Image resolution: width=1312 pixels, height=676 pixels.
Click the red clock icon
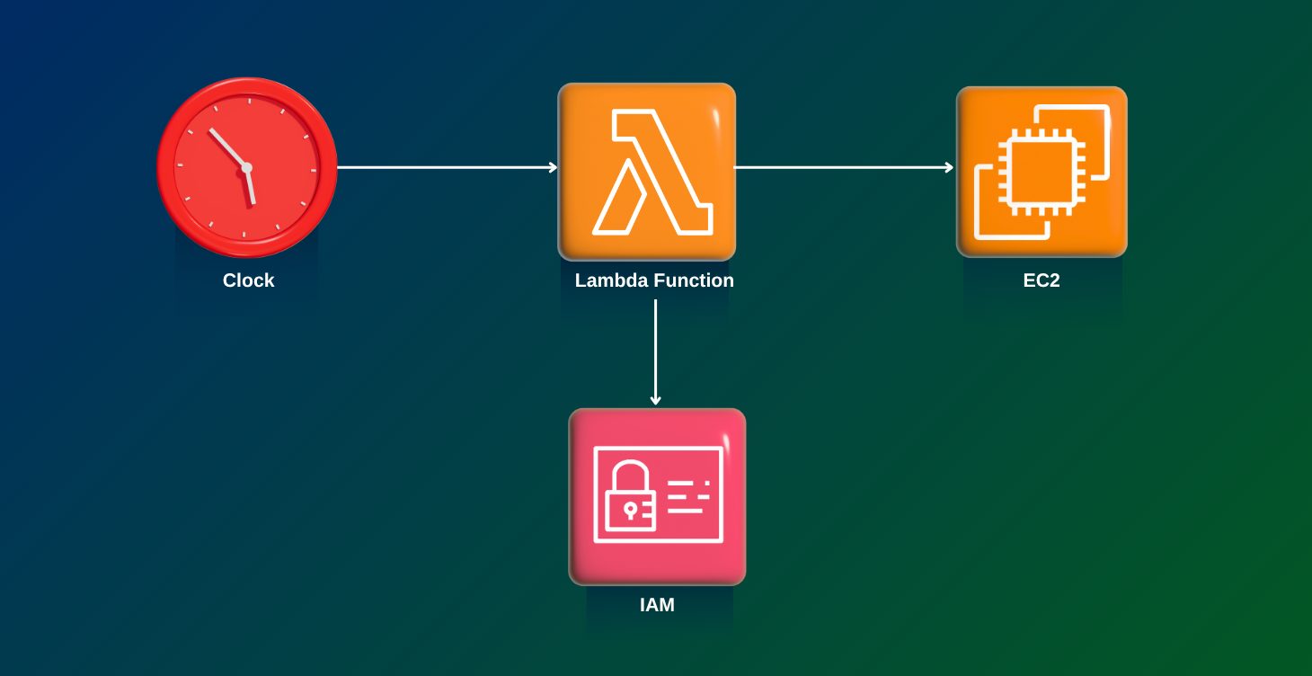246,166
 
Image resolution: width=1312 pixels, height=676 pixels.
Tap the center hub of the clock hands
246,167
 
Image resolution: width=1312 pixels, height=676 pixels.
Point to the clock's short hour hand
251,186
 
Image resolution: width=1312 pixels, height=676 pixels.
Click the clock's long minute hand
227,147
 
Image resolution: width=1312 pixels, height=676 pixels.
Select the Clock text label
248,280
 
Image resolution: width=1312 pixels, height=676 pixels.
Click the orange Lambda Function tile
646,171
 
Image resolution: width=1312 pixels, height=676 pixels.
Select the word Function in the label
694,280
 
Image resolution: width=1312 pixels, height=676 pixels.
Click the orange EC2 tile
1041,171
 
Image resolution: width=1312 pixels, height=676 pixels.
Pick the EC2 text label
1041,280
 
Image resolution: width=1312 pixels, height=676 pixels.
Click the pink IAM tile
657,496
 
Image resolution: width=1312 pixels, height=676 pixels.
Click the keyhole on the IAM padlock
629,510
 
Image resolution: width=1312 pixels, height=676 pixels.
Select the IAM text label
657,605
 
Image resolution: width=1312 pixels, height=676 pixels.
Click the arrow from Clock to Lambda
447,167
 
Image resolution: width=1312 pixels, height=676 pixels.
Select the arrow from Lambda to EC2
843,167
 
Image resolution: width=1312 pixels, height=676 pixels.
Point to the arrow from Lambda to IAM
656,351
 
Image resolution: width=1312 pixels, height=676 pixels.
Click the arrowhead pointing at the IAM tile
656,400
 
